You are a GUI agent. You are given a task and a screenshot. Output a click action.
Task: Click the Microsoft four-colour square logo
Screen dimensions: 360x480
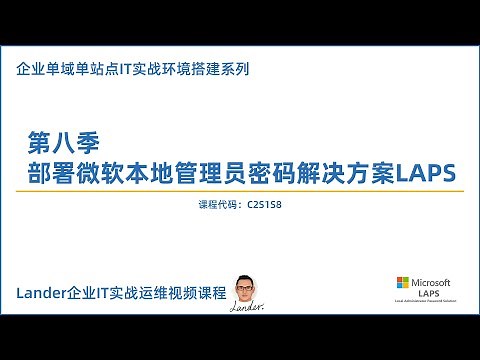[x=404, y=283]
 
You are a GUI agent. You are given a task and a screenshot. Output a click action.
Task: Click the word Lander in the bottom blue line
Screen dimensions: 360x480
[x=41, y=292]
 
